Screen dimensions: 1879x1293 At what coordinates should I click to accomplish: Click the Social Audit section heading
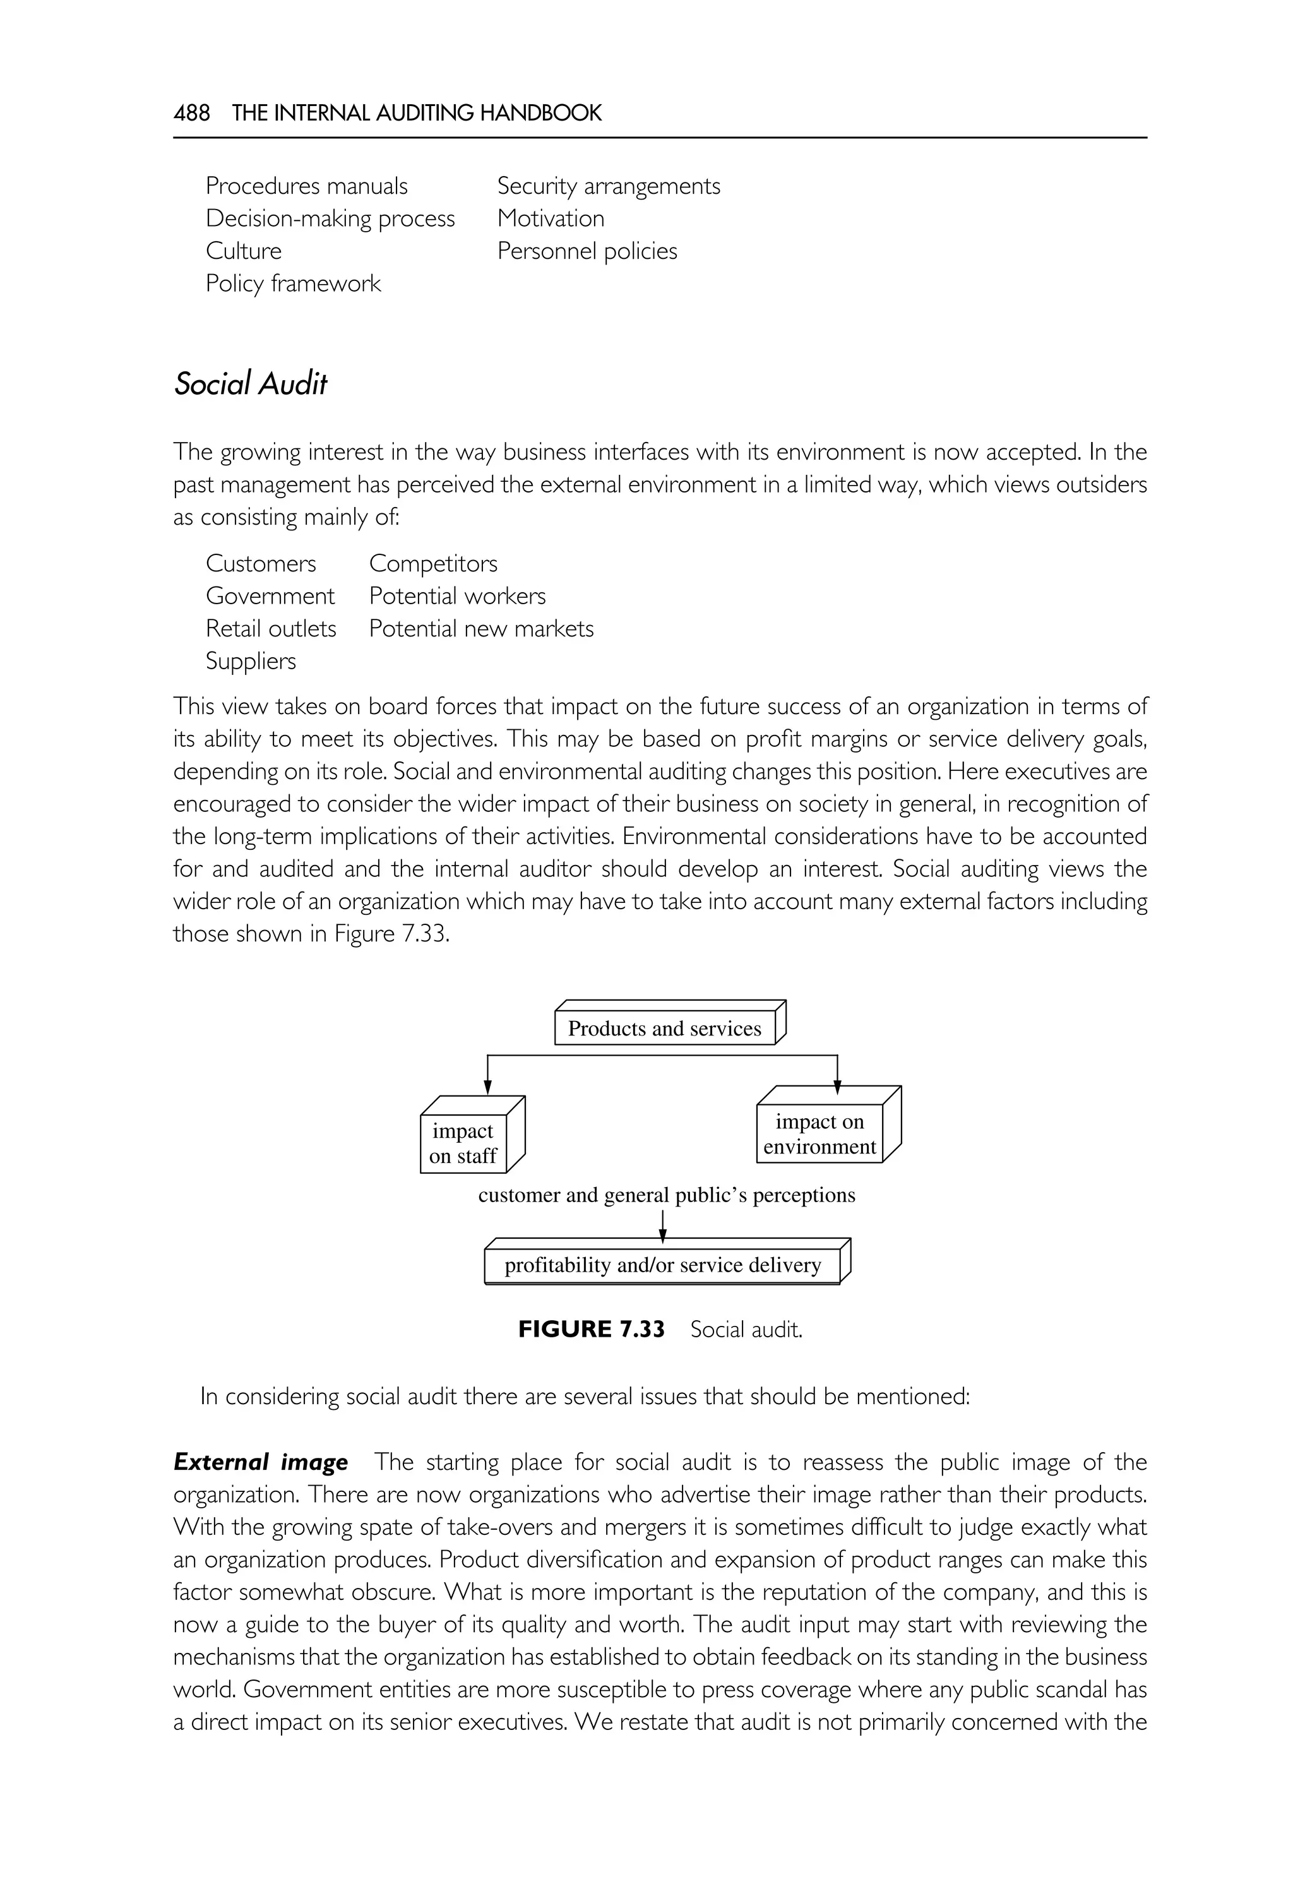tap(251, 384)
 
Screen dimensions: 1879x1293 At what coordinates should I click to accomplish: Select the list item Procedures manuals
tap(306, 186)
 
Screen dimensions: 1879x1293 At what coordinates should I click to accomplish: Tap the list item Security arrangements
tap(607, 186)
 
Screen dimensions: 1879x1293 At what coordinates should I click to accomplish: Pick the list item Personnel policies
tap(587, 251)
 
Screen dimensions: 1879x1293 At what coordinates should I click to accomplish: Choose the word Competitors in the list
tap(432, 564)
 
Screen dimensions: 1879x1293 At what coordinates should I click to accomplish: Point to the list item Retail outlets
tap(271, 629)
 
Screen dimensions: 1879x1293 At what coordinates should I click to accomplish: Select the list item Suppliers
tap(251, 661)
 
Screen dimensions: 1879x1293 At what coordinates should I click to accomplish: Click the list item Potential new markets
tap(480, 629)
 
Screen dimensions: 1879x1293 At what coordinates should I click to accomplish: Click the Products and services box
tap(664, 1029)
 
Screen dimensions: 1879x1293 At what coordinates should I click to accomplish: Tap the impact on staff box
tap(463, 1143)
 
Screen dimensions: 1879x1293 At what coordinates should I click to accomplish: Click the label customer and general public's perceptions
tap(666, 1195)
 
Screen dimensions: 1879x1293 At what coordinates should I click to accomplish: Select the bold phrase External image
tap(260, 1462)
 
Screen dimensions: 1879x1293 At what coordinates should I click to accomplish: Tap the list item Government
tap(270, 597)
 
